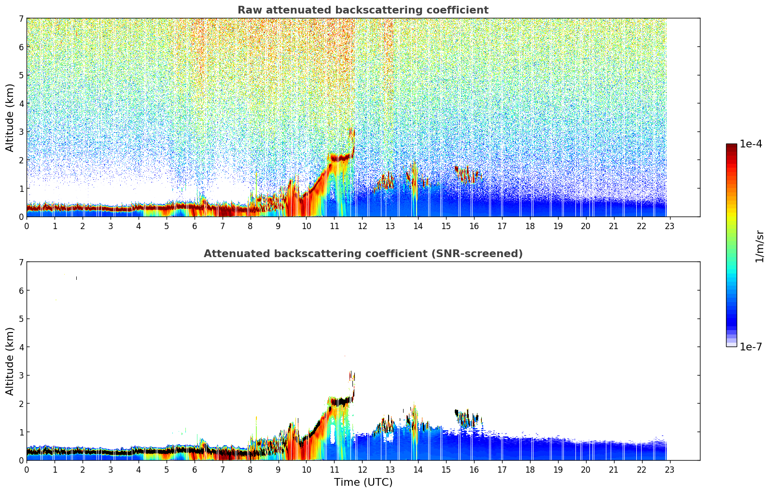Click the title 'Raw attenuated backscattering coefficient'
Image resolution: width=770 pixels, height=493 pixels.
(363, 10)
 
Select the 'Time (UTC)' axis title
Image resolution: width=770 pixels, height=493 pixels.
(363, 482)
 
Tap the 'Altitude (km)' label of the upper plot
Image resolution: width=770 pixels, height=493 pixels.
(10, 117)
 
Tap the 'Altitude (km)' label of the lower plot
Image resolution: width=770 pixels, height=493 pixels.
(10, 361)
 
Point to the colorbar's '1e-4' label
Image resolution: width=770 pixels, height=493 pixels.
(751, 144)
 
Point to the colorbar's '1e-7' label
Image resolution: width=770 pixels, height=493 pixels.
(751, 347)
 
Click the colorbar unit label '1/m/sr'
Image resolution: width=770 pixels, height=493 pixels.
(759, 246)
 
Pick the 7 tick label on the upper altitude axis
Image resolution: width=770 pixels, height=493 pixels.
(21, 19)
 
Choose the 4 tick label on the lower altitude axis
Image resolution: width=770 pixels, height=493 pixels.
(21, 347)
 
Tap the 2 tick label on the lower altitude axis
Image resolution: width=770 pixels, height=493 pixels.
(21, 404)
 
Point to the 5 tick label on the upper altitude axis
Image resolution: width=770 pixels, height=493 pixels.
(21, 75)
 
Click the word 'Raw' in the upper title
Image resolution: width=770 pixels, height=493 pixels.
(248, 10)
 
